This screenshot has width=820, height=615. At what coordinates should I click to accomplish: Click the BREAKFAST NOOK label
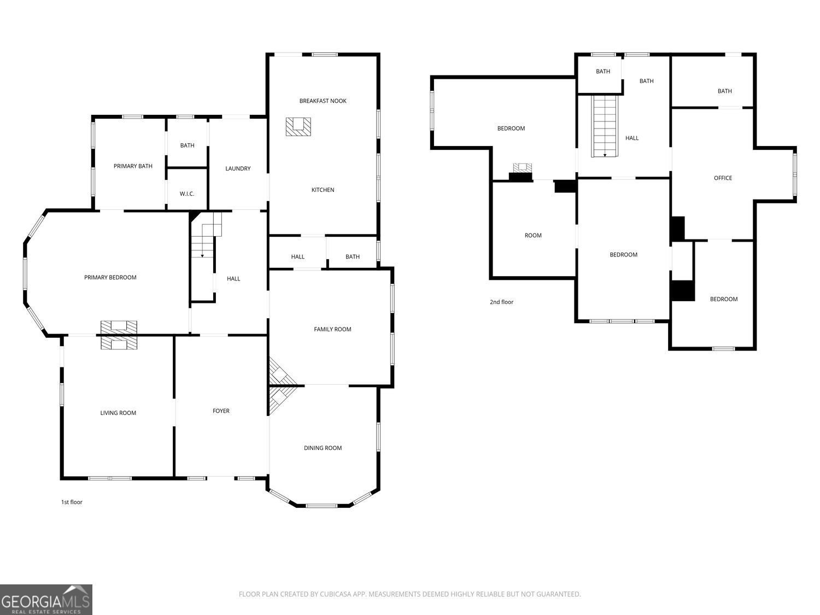323,101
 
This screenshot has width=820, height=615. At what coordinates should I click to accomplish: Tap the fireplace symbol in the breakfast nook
298,127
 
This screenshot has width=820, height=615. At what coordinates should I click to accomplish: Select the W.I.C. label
187,194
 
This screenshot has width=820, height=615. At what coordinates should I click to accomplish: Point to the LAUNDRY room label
238,168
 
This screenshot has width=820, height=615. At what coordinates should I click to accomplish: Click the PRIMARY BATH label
133,166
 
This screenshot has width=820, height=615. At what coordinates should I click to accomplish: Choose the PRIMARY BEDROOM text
110,278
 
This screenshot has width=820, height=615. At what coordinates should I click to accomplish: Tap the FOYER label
221,411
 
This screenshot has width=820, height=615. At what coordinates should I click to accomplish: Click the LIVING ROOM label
118,413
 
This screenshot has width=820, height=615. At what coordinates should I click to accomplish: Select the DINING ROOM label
323,448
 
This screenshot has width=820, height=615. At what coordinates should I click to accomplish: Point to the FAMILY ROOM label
332,329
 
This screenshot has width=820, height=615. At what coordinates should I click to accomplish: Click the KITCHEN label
323,190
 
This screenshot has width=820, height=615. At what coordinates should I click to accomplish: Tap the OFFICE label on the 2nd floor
723,178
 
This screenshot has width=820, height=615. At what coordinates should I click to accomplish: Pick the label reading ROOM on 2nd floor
533,236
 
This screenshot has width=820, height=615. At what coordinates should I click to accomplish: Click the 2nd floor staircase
605,126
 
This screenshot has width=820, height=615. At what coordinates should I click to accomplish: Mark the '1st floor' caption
72,502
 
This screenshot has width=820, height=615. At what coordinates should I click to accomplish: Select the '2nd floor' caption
501,302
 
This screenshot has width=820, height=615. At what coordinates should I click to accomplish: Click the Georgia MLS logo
46,599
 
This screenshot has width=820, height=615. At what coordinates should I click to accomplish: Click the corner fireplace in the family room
280,372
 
